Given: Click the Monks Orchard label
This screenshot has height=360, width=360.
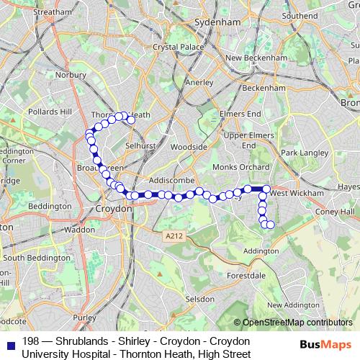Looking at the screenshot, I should click(237, 167).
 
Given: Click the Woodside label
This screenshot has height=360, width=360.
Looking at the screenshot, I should click(190, 147).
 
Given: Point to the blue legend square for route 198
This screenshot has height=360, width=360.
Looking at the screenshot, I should click(11, 343).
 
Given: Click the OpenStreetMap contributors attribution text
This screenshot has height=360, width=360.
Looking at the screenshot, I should click(297, 323).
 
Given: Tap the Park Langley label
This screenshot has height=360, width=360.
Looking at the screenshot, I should click(300, 153).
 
